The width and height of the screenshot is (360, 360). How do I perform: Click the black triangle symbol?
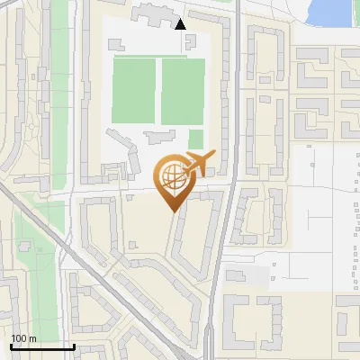tap(181, 24)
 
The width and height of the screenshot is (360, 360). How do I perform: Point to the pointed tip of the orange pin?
tap(173, 211)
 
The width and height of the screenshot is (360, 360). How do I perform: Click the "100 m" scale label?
tap(23, 337)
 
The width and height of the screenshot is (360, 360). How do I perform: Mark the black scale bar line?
tap(42, 346)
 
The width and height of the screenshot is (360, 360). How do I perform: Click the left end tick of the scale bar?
tap(11, 345)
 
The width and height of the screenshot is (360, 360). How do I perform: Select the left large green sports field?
tap(134, 91)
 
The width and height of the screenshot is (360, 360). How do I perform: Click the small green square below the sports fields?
tap(195, 139)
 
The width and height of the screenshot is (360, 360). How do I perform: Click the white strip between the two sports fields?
tap(157, 91)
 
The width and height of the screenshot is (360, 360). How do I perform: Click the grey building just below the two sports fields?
tap(159, 137)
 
